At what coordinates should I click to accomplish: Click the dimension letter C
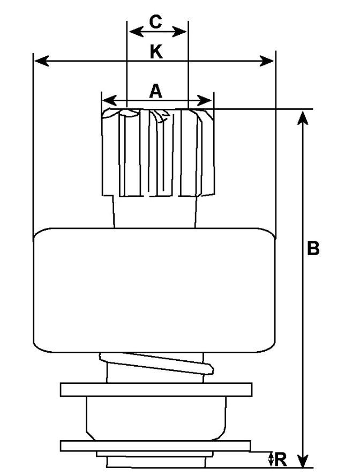155,21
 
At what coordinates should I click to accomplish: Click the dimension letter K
156,51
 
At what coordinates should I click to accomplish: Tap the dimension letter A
155,92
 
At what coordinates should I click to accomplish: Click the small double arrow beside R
272,458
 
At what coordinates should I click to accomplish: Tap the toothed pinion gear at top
158,153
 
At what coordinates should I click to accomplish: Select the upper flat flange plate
156,389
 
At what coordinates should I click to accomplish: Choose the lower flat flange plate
156,446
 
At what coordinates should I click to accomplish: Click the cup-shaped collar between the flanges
156,417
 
